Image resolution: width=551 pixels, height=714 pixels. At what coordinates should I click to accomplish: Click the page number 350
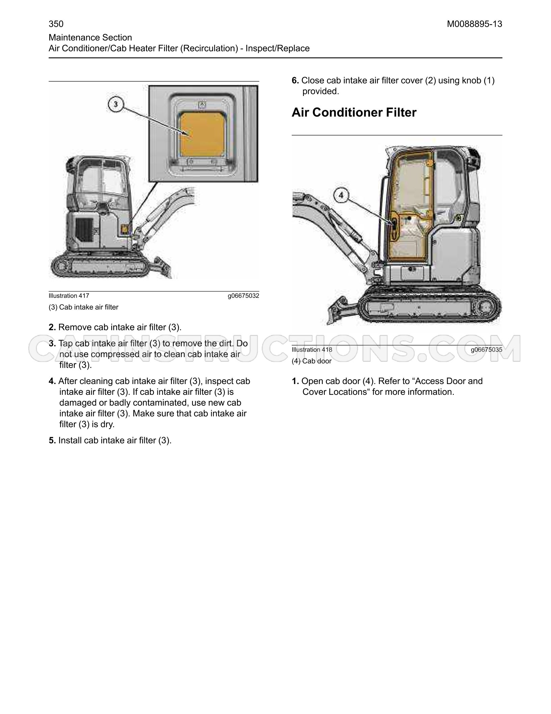(x=56, y=24)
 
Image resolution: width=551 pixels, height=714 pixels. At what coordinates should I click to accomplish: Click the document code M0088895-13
(x=475, y=24)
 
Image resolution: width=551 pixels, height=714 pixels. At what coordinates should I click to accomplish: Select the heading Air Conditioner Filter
(x=354, y=113)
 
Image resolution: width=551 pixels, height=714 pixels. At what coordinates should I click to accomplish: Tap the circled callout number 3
(x=115, y=104)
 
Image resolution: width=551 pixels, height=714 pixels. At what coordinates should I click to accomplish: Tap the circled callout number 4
(x=341, y=196)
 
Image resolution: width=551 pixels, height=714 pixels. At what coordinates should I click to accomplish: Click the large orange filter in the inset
(x=203, y=134)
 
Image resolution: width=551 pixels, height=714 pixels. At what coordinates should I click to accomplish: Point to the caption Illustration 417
(x=69, y=296)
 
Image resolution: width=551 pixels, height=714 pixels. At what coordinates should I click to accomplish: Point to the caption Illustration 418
(x=312, y=350)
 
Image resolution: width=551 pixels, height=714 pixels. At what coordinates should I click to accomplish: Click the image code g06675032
(x=243, y=296)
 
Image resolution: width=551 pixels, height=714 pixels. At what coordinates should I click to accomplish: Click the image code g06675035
(x=487, y=350)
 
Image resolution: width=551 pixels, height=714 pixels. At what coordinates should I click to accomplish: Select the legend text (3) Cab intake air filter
(x=83, y=307)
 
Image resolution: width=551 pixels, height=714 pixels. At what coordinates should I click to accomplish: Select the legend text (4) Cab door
(x=312, y=361)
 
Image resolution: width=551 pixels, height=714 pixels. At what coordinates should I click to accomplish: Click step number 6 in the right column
(x=295, y=81)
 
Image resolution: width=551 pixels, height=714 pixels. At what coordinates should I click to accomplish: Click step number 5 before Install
(x=52, y=441)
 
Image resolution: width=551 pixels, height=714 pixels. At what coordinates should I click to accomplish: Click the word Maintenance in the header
(x=72, y=38)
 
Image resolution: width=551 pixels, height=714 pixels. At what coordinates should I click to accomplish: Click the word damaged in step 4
(x=79, y=403)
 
